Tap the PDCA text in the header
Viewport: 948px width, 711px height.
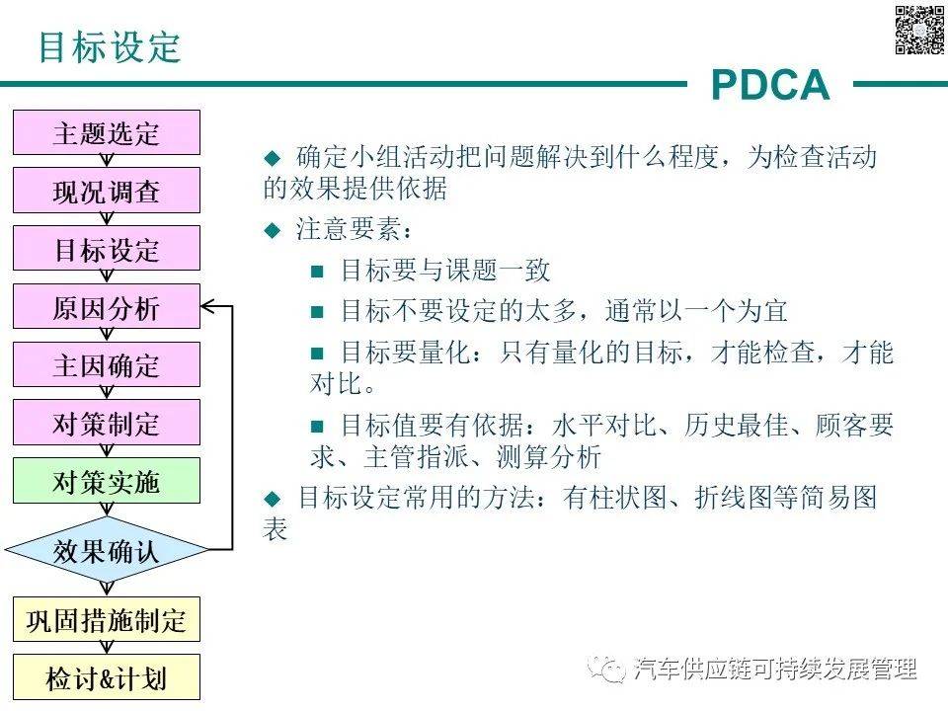click(770, 86)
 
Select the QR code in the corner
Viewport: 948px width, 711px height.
click(918, 30)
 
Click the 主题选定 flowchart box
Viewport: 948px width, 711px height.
click(106, 133)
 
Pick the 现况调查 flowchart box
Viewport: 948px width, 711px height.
click(106, 191)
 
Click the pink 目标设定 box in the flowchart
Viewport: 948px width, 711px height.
click(106, 249)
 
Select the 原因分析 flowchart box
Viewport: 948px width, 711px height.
click(106, 307)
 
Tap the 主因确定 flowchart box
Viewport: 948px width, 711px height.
click(106, 365)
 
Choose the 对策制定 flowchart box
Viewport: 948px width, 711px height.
click(106, 424)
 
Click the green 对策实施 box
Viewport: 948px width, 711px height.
click(106, 481)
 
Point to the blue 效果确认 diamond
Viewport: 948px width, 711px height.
click(106, 549)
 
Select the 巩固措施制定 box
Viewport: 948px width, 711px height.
click(106, 620)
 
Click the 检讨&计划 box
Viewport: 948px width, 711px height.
click(106, 678)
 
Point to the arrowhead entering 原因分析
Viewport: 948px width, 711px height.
click(208, 307)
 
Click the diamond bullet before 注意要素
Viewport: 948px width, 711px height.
click(273, 230)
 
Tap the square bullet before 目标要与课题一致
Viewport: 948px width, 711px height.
click(317, 271)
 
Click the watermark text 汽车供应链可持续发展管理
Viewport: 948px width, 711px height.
click(776, 670)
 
